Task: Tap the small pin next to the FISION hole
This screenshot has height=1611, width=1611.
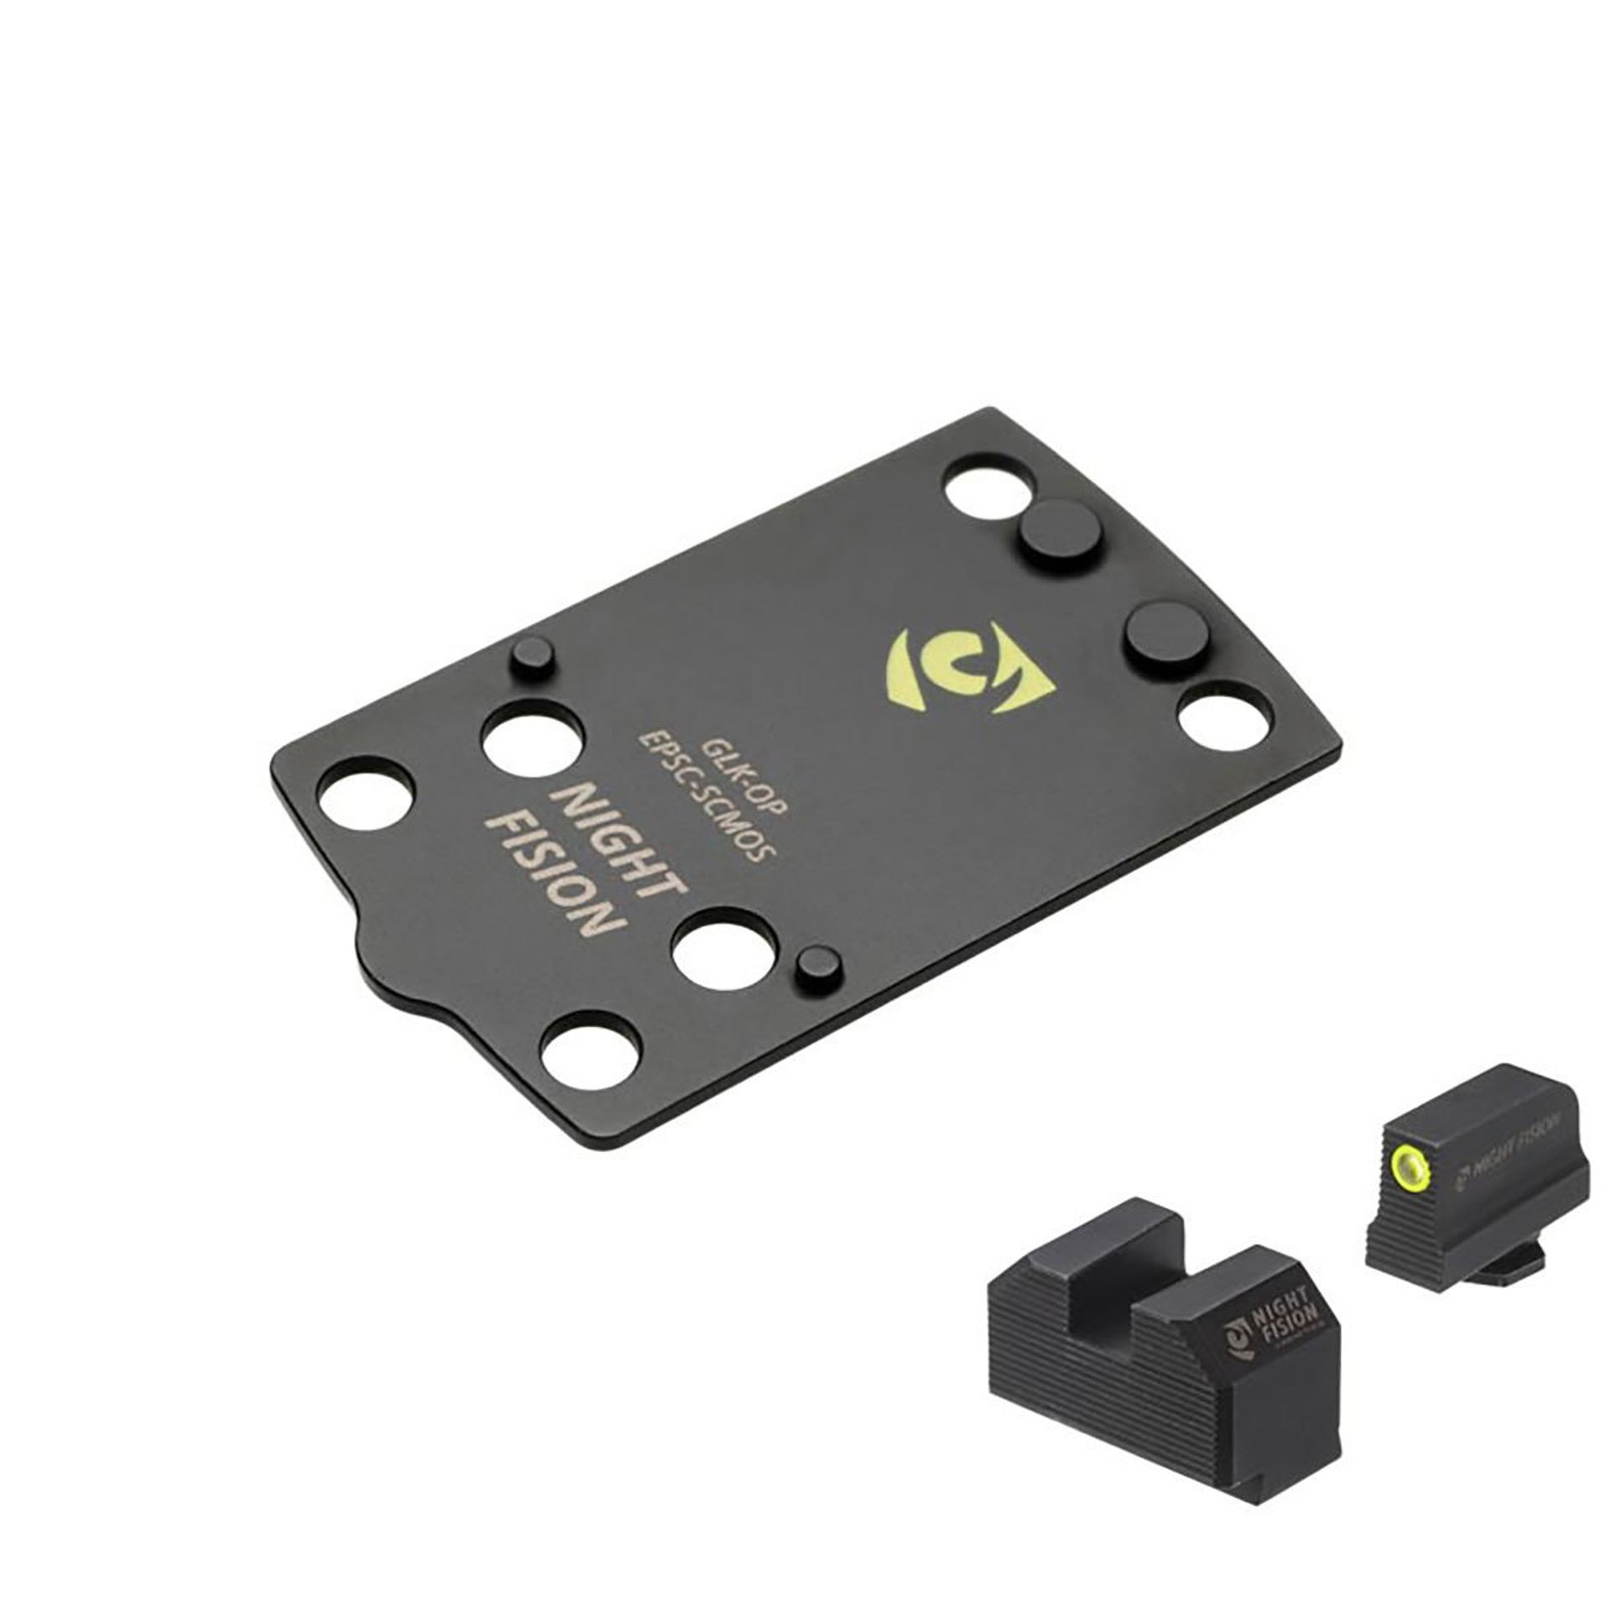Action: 815,967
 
